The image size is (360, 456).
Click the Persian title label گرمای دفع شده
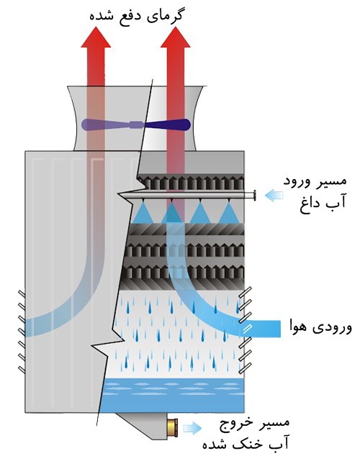[136, 15]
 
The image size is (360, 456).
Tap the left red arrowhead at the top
[96, 38]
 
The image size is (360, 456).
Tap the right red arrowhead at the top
[176, 38]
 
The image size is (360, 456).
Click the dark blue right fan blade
[168, 125]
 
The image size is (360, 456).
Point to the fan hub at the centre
[136, 124]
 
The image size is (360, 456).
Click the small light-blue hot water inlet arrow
[274, 196]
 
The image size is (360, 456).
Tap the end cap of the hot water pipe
[255, 195]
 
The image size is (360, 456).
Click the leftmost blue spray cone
[143, 213]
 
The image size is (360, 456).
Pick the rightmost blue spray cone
[229, 213]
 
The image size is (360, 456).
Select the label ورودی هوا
[320, 327]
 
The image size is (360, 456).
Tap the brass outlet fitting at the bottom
[172, 427]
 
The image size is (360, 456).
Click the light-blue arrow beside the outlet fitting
[192, 428]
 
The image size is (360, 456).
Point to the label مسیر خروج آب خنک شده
[246, 434]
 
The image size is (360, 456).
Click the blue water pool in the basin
[171, 395]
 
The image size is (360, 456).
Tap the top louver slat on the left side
[22, 294]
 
